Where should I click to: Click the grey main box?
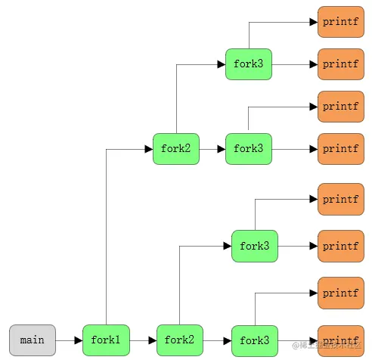pyautogui.click(x=33, y=340)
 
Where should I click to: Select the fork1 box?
pyautogui.click(x=106, y=340)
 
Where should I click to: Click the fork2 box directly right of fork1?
pyautogui.click(x=179, y=340)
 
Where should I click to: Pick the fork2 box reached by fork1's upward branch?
pyautogui.click(x=176, y=149)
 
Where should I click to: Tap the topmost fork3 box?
pyautogui.click(x=248, y=64)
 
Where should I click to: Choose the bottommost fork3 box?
pyautogui.click(x=254, y=340)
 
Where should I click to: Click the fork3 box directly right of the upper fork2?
pyautogui.click(x=248, y=149)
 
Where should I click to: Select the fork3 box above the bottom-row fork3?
pyautogui.click(x=254, y=246)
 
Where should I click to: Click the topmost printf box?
pyautogui.click(x=340, y=22)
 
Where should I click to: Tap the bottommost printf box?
pyautogui.click(x=340, y=340)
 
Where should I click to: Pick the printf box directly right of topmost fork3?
pyautogui.click(x=340, y=64)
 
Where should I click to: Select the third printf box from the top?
pyautogui.click(x=340, y=107)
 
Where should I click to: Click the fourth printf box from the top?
pyautogui.click(x=340, y=149)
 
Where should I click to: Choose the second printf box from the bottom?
pyautogui.click(x=340, y=293)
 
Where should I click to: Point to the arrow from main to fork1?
pyautogui.click(x=69, y=340)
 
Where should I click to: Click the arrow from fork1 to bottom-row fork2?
pyautogui.click(x=143, y=340)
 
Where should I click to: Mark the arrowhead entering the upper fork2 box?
pyautogui.click(x=148, y=149)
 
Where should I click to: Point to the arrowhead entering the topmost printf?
pyautogui.click(x=313, y=22)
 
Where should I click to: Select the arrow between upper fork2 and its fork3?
pyautogui.click(x=212, y=149)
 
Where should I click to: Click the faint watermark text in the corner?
pyautogui.click(x=333, y=349)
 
